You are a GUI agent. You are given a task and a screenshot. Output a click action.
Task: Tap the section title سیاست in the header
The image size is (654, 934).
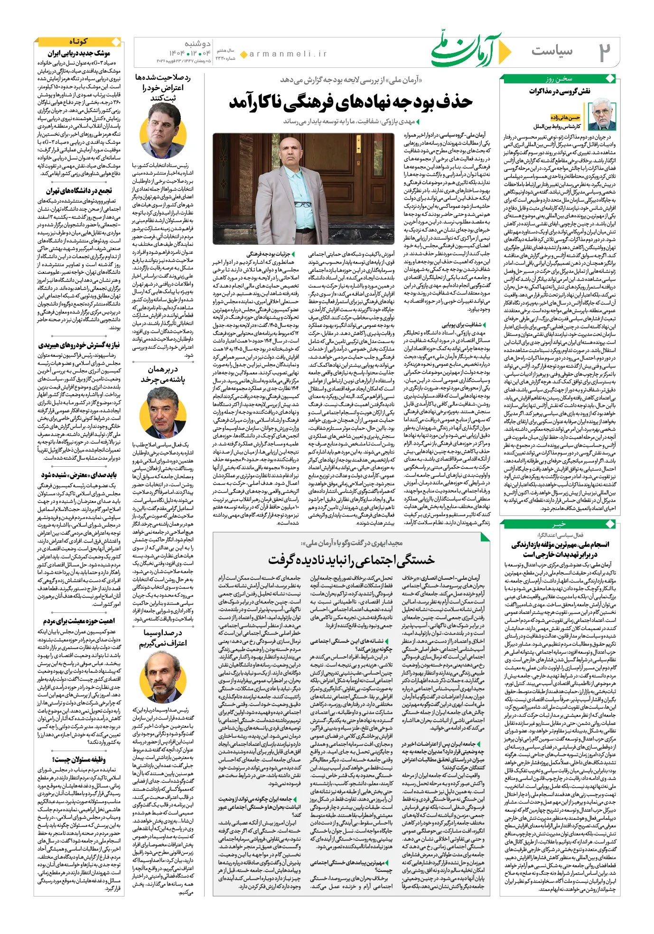coord(552,51)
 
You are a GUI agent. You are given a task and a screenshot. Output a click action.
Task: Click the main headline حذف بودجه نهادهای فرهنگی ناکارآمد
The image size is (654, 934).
coord(351,101)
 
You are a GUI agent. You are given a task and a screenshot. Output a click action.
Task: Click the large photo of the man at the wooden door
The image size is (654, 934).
coord(303,189)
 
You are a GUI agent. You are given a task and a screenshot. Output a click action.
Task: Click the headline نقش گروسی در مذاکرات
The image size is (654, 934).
coord(560,91)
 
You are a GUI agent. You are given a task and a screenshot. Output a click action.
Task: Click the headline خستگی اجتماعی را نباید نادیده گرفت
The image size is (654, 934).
coord(351,560)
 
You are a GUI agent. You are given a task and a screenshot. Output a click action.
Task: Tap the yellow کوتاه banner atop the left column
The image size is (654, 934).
coord(78,42)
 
